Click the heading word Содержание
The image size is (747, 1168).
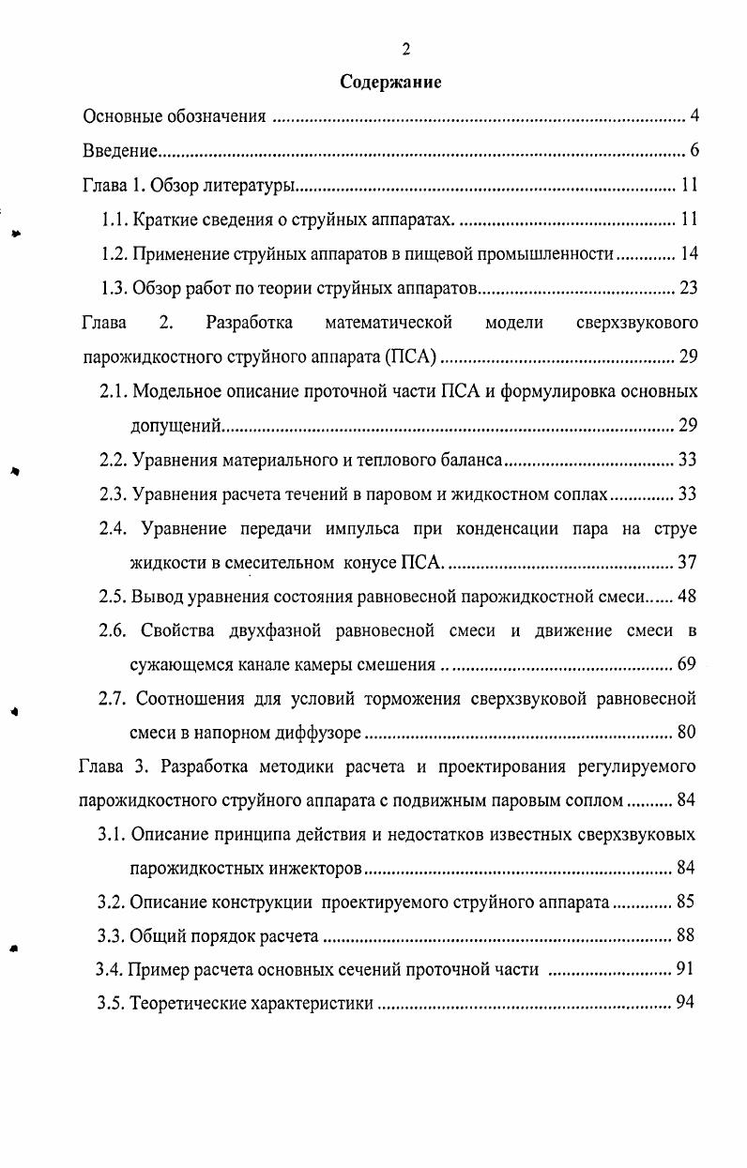390,82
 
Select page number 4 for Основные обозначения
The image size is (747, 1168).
695,116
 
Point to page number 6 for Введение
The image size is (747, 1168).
695,150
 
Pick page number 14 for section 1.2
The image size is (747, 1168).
689,253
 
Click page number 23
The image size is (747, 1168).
689,287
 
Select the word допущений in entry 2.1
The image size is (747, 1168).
175,426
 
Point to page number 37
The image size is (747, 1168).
687,563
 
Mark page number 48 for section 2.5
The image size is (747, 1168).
687,597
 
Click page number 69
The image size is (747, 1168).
687,665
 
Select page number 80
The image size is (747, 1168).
687,733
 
